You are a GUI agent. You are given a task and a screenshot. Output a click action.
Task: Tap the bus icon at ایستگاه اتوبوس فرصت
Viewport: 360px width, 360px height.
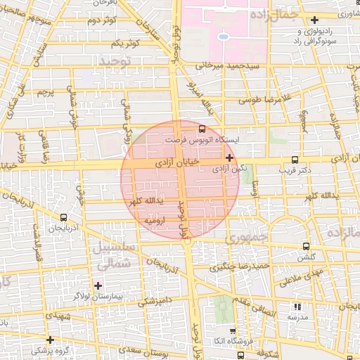point(202,129)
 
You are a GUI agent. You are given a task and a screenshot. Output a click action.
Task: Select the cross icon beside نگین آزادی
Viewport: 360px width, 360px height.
point(230,157)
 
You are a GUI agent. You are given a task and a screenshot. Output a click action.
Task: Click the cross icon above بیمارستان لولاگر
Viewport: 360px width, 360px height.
point(98,285)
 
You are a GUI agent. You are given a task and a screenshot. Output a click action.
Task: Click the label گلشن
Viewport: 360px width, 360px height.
point(305,257)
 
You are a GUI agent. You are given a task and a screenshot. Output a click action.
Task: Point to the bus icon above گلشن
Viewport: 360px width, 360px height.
point(305,247)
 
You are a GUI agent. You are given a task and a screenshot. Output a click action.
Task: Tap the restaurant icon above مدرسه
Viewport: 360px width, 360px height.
point(296,307)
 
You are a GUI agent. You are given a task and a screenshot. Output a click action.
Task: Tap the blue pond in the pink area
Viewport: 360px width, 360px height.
point(223,36)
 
